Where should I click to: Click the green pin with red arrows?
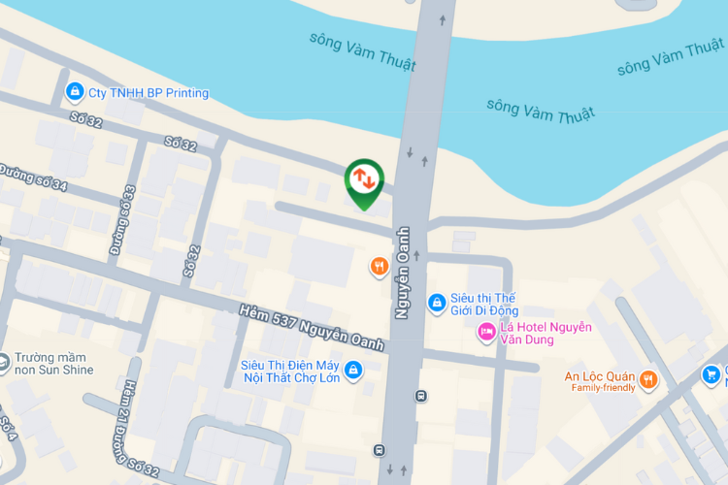[x=364, y=179]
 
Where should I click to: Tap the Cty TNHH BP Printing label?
[x=149, y=93]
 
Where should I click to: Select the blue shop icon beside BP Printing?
[x=74, y=93]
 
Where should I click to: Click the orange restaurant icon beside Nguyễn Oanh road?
[x=380, y=266]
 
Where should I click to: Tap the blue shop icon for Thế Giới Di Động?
[x=438, y=304]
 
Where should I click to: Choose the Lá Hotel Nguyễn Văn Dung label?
[x=546, y=334]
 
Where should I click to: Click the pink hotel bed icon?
[x=486, y=334]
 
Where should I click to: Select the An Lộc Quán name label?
[x=599, y=376]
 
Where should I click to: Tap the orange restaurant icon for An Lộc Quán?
[x=648, y=380]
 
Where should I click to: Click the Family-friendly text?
[x=603, y=388]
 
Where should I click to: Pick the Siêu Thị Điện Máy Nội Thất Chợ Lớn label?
[x=290, y=371]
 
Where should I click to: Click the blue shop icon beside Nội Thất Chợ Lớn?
[x=353, y=370]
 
